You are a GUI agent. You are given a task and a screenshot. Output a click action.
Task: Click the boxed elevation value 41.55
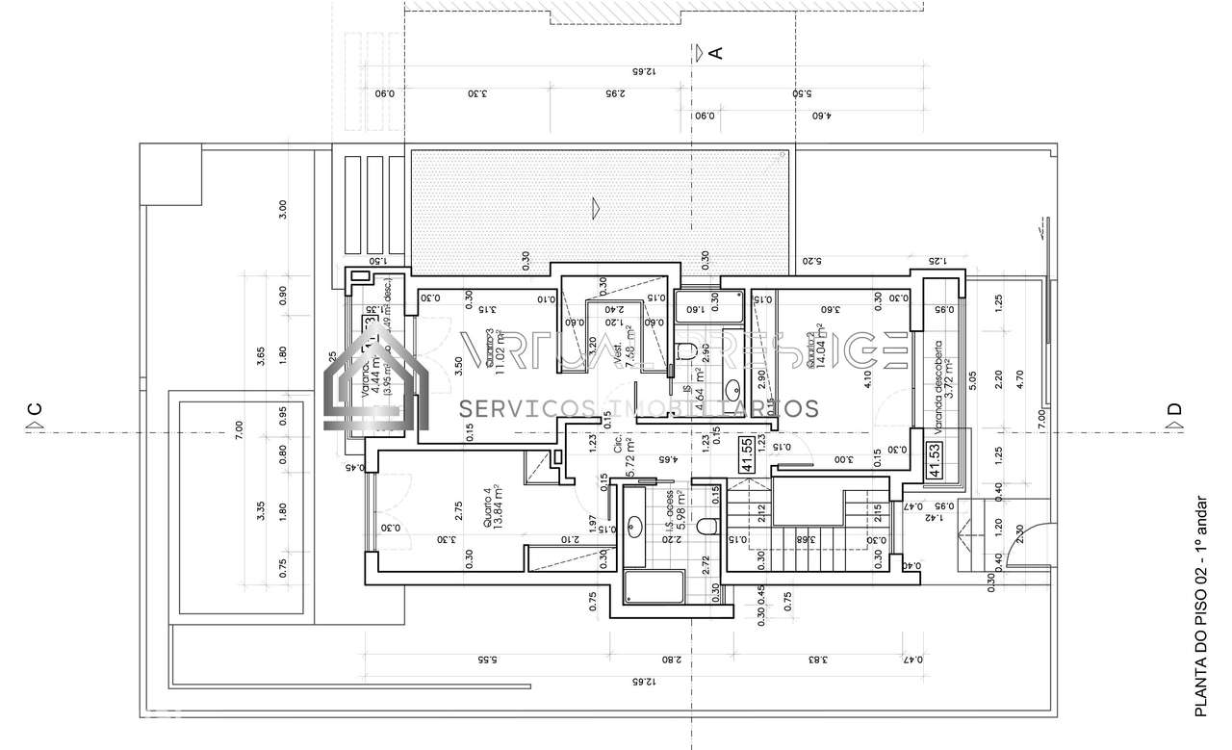747,454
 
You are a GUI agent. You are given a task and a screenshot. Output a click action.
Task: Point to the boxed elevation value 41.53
933,460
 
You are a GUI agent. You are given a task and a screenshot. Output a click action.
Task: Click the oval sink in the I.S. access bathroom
634,526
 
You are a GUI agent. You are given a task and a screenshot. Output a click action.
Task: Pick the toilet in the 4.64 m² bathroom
686,349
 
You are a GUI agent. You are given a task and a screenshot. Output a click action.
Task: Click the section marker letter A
715,53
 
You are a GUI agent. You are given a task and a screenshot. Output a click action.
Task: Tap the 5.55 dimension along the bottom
486,660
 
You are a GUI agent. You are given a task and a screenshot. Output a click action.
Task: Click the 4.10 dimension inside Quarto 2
867,379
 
